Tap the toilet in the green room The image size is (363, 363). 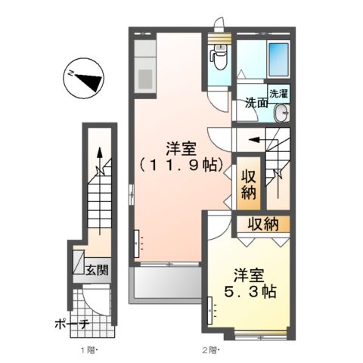[x=218, y=55]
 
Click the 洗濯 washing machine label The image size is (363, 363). [x=279, y=95]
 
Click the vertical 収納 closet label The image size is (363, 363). [x=249, y=184]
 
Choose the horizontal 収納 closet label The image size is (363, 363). [x=262, y=224]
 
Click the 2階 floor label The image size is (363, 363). [x=209, y=349]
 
